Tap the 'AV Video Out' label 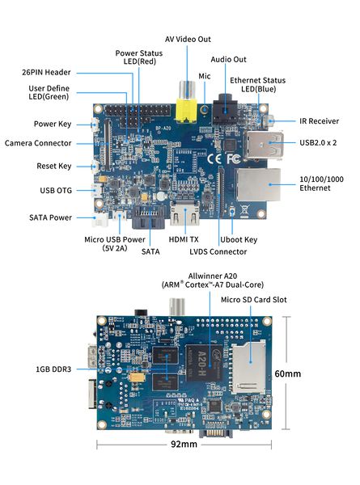pos(188,39)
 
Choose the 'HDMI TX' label pos(183,240)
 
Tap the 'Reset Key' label pos(54,166)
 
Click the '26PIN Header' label pos(48,71)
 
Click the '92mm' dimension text pos(184,444)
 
